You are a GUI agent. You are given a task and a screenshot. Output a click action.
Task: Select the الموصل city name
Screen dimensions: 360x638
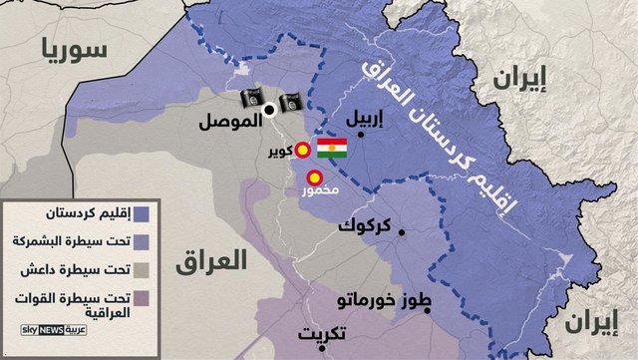(231, 124)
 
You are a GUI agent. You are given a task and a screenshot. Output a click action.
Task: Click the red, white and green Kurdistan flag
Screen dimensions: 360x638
(332, 151)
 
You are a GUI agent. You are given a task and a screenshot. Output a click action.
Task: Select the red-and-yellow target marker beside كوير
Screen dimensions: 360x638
(303, 150)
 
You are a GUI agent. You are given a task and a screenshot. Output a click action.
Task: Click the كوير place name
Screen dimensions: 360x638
(279, 151)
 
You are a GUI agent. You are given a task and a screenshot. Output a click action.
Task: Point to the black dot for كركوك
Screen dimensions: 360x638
(402, 233)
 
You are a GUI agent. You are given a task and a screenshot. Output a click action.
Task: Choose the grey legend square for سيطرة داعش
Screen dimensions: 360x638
(144, 269)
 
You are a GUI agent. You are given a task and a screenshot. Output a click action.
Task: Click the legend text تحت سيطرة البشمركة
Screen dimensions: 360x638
(71, 241)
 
